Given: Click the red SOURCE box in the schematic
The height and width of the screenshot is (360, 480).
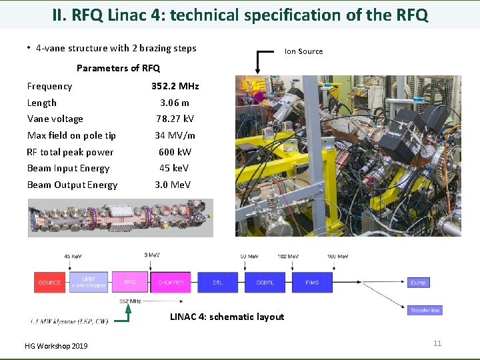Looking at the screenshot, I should [x=50, y=282].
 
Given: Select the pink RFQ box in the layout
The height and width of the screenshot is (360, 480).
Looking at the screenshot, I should [x=130, y=282].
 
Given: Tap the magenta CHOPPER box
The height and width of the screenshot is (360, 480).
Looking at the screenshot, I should [x=171, y=282].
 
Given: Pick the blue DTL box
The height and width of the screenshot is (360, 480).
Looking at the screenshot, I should [x=218, y=282].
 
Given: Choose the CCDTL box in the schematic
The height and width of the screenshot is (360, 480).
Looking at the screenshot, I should [x=265, y=282].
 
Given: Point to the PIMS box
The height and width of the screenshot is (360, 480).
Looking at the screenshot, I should [x=312, y=282].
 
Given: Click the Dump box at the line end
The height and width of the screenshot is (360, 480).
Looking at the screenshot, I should [x=418, y=282].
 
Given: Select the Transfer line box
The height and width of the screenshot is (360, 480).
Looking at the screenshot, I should [x=425, y=310].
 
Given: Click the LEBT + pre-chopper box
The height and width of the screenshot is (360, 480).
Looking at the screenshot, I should [x=89, y=282].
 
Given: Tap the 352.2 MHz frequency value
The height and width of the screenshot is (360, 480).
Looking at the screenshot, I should [x=175, y=86].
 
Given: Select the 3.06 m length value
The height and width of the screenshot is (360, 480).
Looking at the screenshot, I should [x=175, y=103].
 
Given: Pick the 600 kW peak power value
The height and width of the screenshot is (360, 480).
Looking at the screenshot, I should [x=175, y=152].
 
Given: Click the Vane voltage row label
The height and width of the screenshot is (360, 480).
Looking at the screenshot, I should [x=55, y=119].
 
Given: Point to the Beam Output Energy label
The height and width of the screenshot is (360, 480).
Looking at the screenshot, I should [x=72, y=185].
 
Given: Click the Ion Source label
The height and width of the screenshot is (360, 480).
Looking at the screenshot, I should [x=303, y=51].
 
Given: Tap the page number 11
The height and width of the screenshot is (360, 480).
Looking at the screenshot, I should [x=437, y=343].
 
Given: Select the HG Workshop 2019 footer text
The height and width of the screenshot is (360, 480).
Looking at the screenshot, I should [x=56, y=346].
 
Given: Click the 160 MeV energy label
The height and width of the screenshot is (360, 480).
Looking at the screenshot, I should [x=337, y=257].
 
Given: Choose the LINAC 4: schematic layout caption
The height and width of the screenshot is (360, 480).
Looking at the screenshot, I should [x=227, y=317].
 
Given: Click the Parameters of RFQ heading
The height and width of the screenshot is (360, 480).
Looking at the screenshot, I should [x=118, y=68].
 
